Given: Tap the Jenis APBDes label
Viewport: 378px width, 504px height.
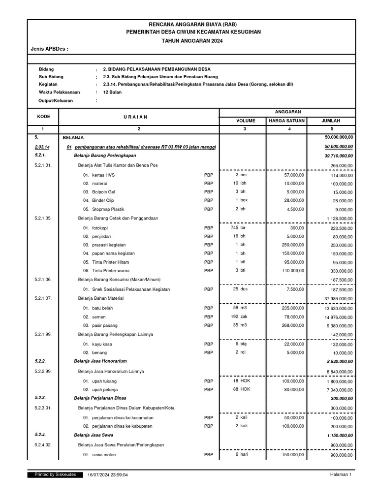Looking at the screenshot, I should click(49, 50).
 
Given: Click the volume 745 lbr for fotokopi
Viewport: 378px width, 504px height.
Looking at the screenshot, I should click(238, 227).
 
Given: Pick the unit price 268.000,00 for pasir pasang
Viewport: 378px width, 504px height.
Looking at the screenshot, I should click(289, 325).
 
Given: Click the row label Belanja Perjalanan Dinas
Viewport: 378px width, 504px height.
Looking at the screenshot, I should click(101, 398).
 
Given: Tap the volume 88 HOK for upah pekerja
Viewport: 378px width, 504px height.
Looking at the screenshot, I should click(240, 389).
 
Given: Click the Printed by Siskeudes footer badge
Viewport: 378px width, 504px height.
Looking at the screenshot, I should click(55, 474).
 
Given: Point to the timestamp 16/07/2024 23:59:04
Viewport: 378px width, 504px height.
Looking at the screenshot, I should click(108, 475).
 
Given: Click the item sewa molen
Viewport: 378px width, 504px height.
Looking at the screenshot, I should click(104, 455).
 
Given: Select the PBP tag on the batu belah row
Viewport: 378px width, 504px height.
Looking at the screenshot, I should click(209, 308).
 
